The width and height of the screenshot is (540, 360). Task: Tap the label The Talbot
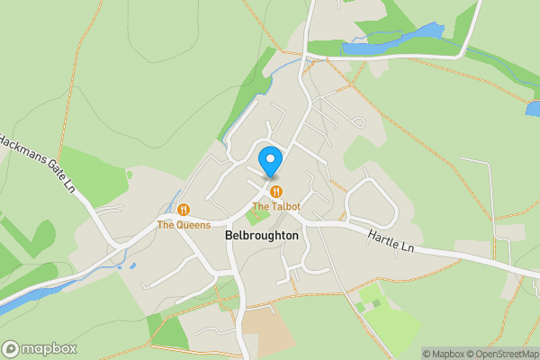[276, 206]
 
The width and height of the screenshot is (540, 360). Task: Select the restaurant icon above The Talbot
[276, 191]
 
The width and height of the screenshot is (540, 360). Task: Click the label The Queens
[184, 225]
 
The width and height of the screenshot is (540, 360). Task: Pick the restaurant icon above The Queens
[167, 210]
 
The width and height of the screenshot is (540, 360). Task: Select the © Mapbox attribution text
[445, 354]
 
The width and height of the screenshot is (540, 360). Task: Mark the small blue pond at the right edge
[533, 108]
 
